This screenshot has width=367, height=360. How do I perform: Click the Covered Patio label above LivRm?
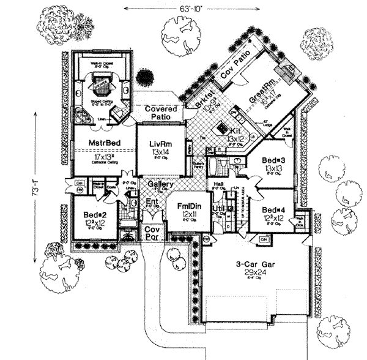click(x=160, y=112)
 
